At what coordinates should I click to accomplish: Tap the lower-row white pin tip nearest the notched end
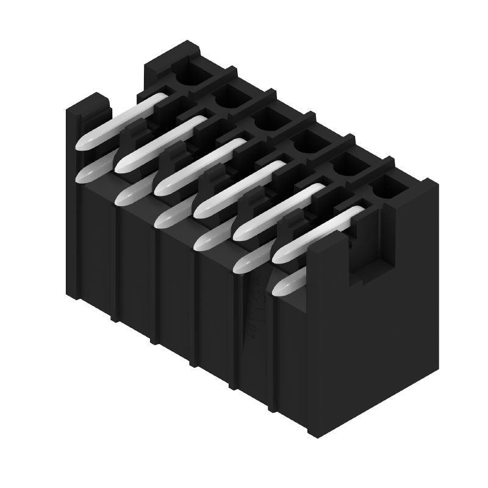tap(287, 283)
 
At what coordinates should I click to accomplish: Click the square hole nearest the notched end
tap(389, 187)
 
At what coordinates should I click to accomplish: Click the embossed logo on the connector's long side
tap(250, 311)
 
